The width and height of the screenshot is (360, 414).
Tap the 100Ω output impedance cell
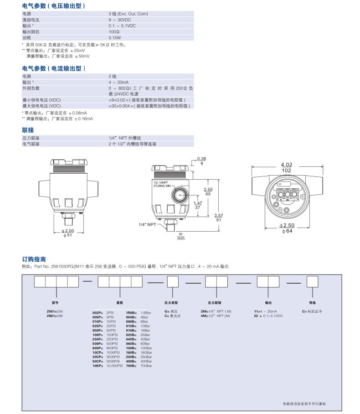coord(114,32)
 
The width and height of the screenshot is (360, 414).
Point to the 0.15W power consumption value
coord(115,38)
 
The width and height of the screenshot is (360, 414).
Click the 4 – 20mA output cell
coord(118,82)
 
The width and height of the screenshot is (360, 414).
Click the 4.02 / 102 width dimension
coord(286,167)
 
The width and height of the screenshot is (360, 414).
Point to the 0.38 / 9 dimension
coord(201,160)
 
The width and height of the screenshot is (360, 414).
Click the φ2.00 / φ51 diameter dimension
coord(67,233)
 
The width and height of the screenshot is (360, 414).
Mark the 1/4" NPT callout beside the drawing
coord(148,224)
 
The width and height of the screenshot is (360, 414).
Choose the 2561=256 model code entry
coord(55,310)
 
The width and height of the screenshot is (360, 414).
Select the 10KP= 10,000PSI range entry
coord(107,366)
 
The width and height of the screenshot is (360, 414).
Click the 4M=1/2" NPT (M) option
coord(216,316)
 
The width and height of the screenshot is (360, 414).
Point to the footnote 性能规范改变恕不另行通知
coord(304,404)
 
